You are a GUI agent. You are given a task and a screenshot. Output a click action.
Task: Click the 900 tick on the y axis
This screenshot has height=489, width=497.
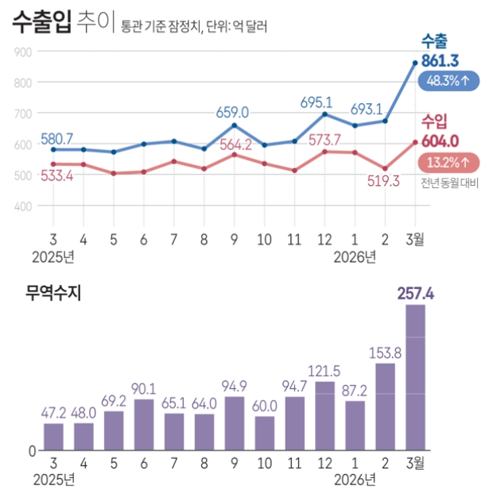point(22,52)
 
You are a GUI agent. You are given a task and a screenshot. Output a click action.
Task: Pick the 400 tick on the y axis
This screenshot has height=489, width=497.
point(22,206)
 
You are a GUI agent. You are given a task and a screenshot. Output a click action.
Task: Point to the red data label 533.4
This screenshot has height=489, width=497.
point(56,176)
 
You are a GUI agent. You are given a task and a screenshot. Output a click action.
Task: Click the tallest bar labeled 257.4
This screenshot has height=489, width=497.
point(415,377)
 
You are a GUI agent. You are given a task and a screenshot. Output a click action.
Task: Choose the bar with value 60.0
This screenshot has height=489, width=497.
point(265,433)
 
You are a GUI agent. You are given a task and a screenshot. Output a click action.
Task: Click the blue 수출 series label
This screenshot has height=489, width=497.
point(434,41)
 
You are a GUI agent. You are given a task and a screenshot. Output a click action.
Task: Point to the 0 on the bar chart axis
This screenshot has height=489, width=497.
point(33,451)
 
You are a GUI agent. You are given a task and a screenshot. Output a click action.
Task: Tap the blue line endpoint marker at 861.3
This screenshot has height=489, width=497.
point(415,64)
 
